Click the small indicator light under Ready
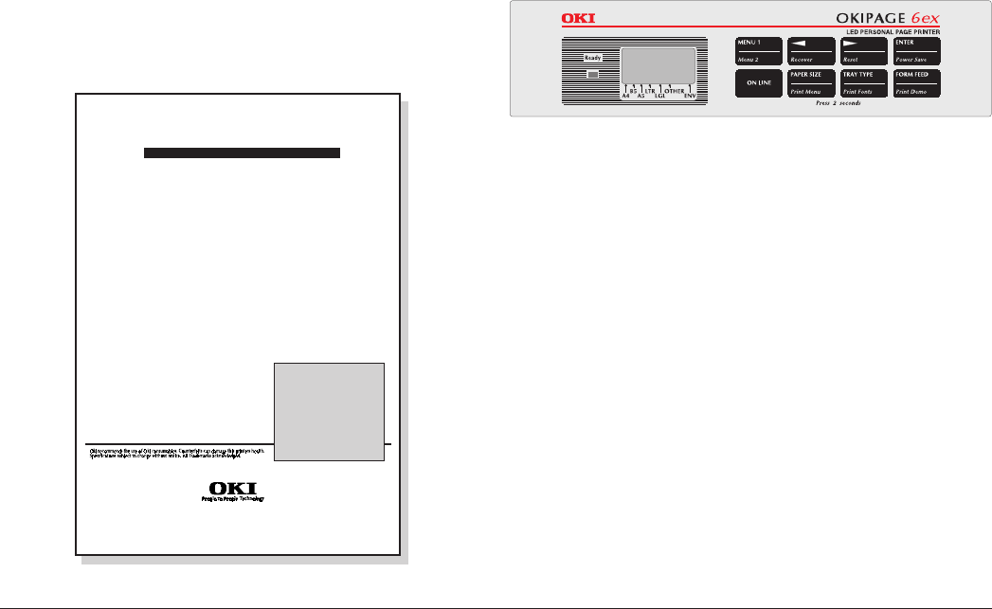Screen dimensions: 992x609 click(x=592, y=74)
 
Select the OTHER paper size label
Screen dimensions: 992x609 click(x=674, y=91)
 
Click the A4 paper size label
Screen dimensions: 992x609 click(x=625, y=97)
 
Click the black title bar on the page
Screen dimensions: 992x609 click(x=242, y=153)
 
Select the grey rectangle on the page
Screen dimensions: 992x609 click(x=329, y=411)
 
